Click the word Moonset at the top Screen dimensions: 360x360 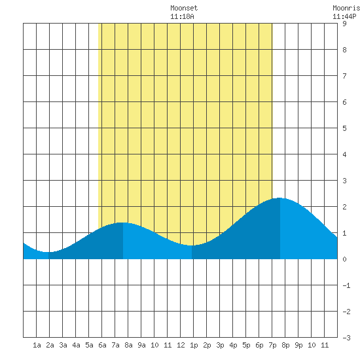(x=184, y=8)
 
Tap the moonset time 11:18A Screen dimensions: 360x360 (x=182, y=16)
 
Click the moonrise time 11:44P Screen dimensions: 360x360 (x=344, y=16)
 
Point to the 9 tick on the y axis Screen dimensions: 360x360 (x=344, y=24)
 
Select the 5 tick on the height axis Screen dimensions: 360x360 (x=344, y=128)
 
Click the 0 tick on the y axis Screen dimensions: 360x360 (x=344, y=259)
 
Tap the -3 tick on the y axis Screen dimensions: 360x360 (x=346, y=338)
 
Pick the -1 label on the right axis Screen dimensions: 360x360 (x=346, y=285)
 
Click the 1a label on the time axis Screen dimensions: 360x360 (x=37, y=345)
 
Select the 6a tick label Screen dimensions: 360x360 (x=102, y=345)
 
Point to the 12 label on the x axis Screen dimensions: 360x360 (x=181, y=345)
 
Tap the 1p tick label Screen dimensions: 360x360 (x=194, y=345)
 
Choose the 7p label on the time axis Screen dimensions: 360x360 (x=272, y=345)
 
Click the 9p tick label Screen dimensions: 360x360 (x=298, y=345)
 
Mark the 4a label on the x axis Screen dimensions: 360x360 (x=76, y=345)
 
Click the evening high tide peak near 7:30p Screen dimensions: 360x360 (x=279, y=198)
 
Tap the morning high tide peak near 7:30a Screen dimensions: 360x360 (x=122, y=223)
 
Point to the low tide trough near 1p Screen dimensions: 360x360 (x=192, y=245)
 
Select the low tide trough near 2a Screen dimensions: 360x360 (x=48, y=252)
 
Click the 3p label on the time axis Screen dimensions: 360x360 (x=220, y=345)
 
